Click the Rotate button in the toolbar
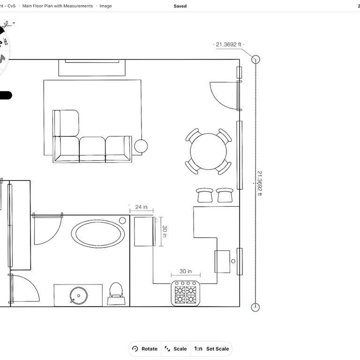[145, 349]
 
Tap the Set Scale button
[211, 349]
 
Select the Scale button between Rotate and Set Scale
[176, 349]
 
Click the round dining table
[208, 151]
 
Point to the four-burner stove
[186, 294]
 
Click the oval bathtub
[98, 233]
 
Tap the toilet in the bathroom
[115, 292]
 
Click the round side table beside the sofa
[141, 146]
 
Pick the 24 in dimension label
[141, 207]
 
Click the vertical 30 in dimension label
[165, 231]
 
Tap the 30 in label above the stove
[185, 271]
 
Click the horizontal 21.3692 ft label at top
[228, 45]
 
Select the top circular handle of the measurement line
[255, 60]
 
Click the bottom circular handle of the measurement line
[255, 307]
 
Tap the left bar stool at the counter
[205, 195]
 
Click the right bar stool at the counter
[225, 195]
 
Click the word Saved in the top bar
[180, 6]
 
